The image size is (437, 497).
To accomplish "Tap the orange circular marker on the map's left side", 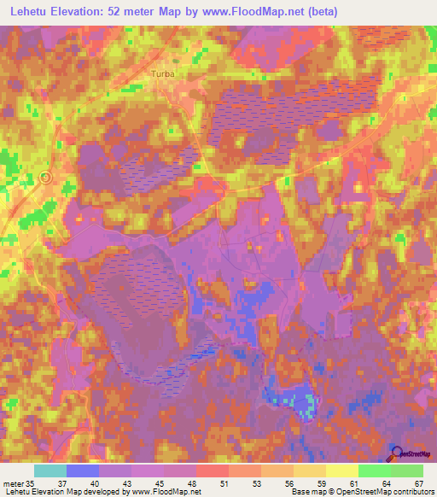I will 46,178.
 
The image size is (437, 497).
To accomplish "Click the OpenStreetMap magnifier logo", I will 397,453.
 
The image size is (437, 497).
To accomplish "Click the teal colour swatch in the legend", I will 50,471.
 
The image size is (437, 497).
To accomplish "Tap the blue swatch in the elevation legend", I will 83,471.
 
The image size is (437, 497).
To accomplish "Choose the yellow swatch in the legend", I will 342,471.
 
